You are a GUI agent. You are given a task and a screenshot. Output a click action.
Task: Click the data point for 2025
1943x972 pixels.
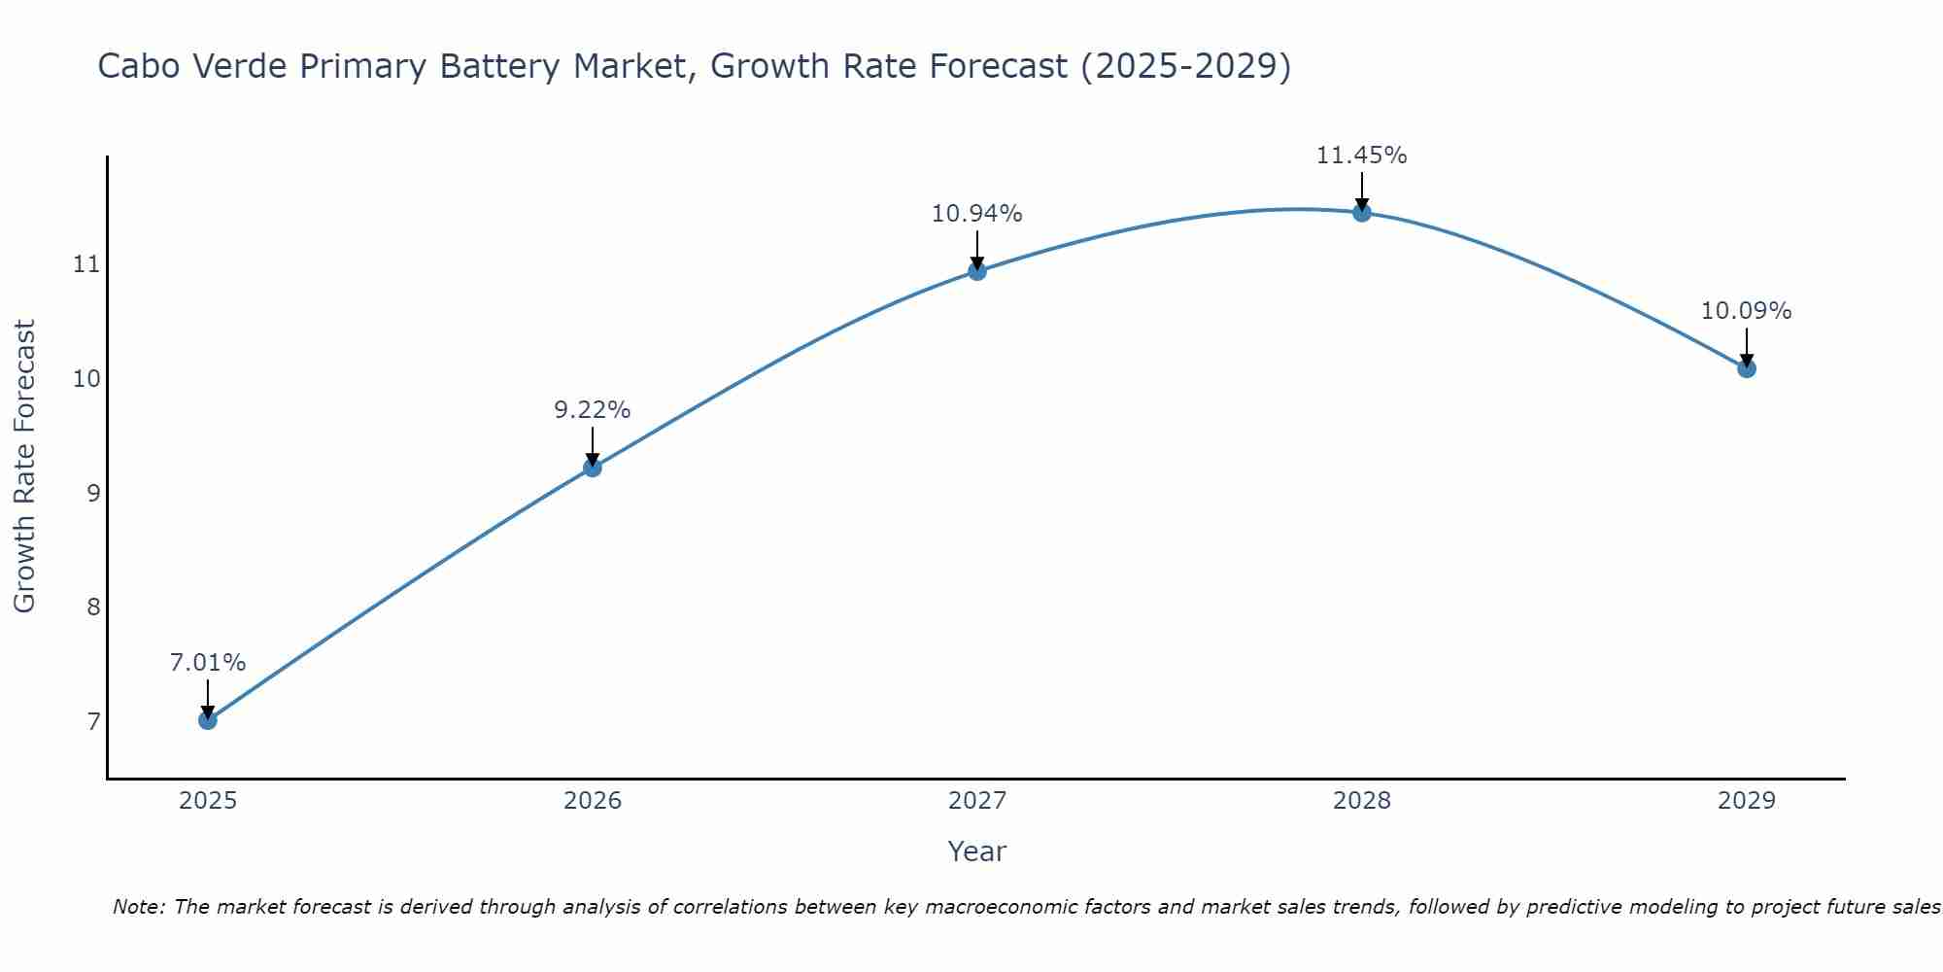[207, 720]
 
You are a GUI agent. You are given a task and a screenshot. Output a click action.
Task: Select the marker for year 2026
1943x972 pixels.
[592, 468]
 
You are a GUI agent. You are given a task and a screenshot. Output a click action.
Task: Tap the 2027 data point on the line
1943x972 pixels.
[977, 271]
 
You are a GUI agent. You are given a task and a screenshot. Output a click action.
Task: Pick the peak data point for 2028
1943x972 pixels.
[1362, 213]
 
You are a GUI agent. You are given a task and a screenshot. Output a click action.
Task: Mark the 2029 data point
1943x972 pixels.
[1747, 368]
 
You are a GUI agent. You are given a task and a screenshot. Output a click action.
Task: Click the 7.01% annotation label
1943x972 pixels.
[207, 663]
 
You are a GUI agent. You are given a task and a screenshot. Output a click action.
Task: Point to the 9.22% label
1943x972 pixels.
[592, 410]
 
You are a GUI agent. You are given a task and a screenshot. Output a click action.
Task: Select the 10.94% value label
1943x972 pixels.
[976, 214]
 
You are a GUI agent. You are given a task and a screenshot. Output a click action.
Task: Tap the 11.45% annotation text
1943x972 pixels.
[1361, 156]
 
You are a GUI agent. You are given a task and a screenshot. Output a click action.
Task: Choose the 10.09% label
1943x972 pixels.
[1746, 311]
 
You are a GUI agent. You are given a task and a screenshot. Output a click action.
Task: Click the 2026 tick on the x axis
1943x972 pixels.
[592, 801]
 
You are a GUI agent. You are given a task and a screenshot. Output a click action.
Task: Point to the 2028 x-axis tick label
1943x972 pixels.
[1362, 801]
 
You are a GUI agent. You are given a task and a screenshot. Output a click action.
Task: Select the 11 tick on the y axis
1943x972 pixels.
[86, 264]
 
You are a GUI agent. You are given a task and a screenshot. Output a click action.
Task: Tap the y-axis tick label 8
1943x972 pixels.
[93, 607]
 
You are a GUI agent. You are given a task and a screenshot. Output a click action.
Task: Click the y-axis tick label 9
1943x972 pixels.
[93, 494]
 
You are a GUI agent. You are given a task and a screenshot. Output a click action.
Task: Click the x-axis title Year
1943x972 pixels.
[976, 851]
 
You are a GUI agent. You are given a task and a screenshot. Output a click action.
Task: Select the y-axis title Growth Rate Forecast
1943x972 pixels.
[24, 467]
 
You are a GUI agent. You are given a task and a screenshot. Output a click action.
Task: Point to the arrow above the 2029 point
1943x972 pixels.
[1747, 345]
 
